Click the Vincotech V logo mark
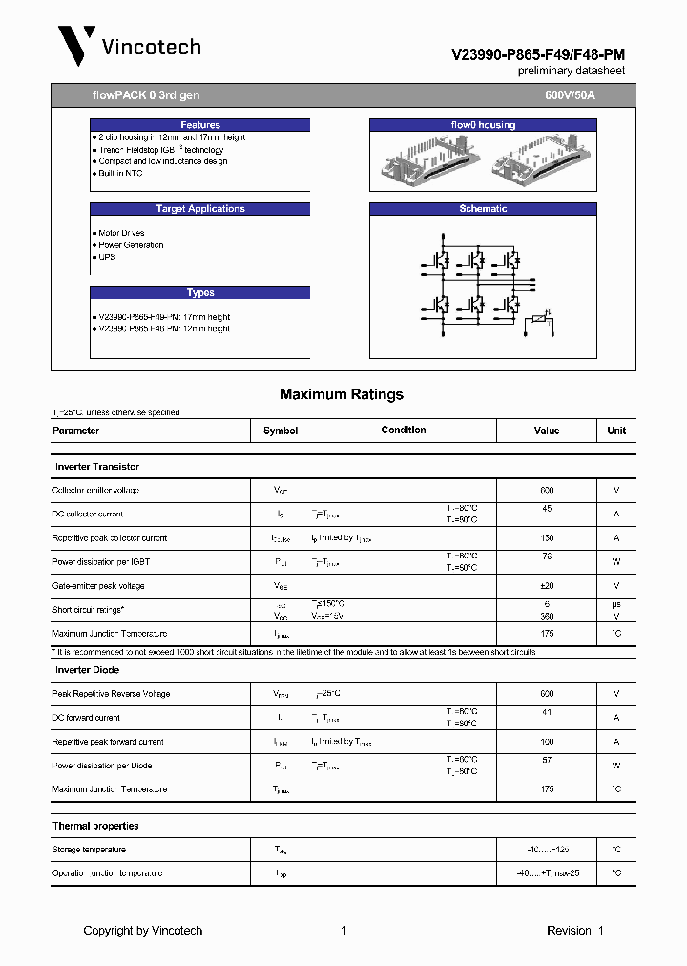point(75,46)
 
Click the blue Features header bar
point(200,125)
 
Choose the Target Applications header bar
point(200,209)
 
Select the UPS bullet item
point(106,257)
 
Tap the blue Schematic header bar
point(483,209)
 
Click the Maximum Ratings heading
point(342,394)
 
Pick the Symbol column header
point(281,430)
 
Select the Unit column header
point(616,430)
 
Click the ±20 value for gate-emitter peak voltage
point(547,586)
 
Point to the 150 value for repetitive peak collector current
point(547,538)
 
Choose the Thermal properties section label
point(95,826)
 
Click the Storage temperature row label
point(89,850)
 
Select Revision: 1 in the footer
point(574,931)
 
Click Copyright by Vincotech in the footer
point(142,931)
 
